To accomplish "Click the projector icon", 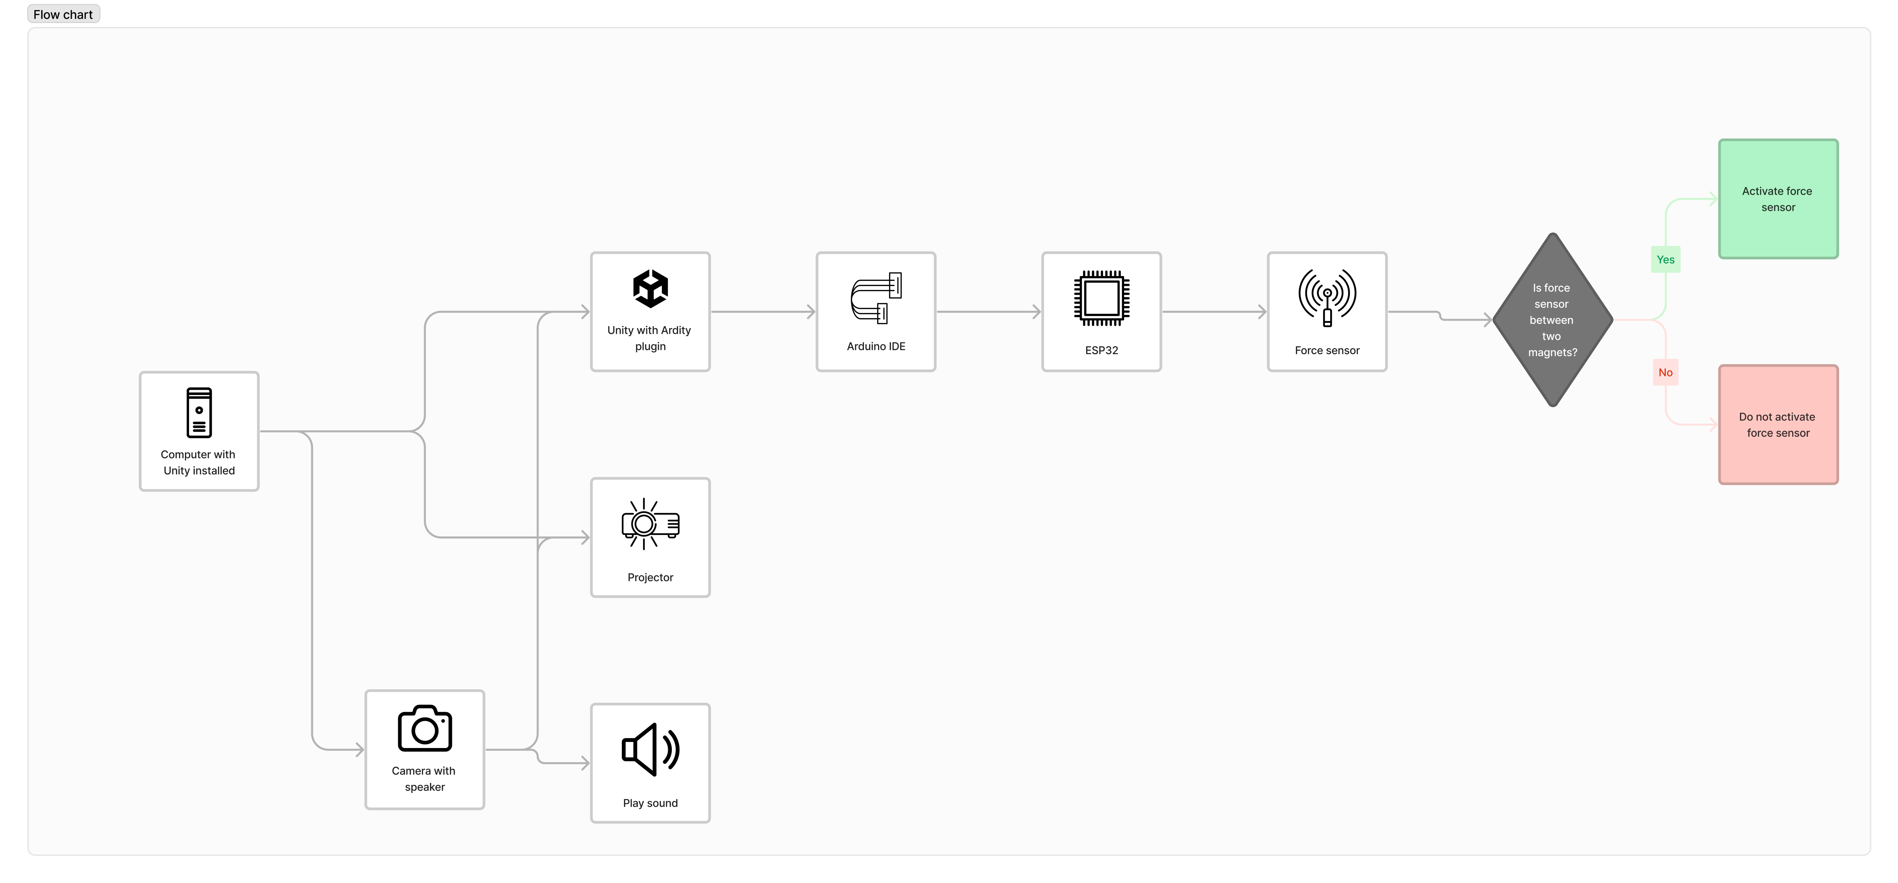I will [650, 524].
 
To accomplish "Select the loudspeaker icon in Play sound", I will [650, 750].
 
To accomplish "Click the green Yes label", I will [1665, 259].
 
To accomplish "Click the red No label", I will [1665, 372].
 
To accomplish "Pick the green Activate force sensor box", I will [1778, 199].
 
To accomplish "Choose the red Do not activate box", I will [1778, 425].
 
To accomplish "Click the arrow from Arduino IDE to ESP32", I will [987, 312].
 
